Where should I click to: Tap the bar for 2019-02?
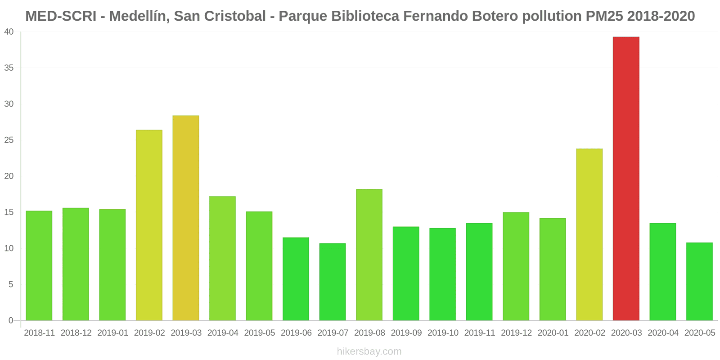pyautogui.click(x=149, y=225)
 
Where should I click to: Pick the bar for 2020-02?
pyautogui.click(x=589, y=234)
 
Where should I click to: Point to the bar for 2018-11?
pyautogui.click(x=39, y=265)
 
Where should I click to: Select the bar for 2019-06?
pyautogui.click(x=296, y=279)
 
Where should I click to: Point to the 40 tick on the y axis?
pyautogui.click(x=9, y=32)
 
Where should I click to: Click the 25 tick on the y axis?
pyautogui.click(x=9, y=140)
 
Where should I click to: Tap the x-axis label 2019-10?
pyautogui.click(x=443, y=333)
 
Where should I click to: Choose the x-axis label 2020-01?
pyautogui.click(x=553, y=333)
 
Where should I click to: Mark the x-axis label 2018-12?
pyautogui.click(x=76, y=333)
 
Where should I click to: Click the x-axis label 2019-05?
pyautogui.click(x=259, y=333)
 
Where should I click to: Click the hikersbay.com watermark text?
pyautogui.click(x=369, y=351)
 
